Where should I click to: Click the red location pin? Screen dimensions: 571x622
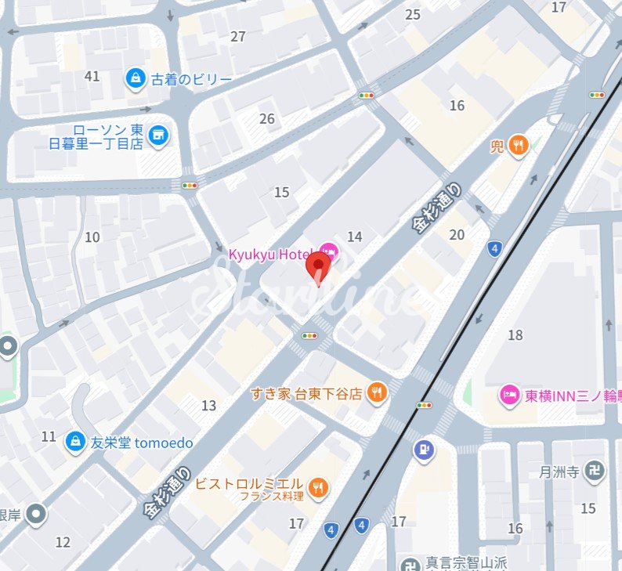317,266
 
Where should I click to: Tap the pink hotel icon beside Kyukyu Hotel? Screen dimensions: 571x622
328,251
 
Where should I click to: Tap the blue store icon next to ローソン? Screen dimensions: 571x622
159,135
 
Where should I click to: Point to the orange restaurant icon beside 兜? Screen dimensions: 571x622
518,144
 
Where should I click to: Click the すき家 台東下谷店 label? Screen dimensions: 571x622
306,393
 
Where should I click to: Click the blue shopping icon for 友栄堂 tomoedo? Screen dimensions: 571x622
75,443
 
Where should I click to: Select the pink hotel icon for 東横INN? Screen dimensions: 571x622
510,395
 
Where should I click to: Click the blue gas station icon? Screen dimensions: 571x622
424,450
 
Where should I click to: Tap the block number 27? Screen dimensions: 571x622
238,37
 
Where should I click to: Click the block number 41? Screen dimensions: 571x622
92,76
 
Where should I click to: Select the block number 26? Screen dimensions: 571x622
267,119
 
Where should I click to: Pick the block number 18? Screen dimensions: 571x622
515,335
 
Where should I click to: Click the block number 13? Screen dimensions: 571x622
208,405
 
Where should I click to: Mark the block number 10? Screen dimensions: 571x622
92,237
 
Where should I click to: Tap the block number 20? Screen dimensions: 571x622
457,234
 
